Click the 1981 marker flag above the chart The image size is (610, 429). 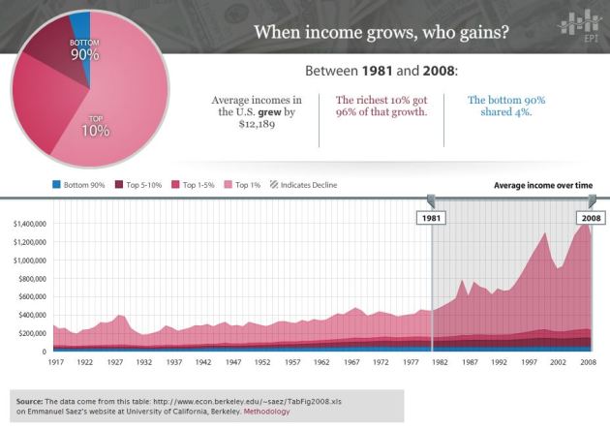point(432,218)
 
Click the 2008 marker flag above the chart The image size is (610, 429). point(591,218)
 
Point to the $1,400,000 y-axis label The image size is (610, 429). point(30,224)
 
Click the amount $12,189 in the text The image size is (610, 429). point(257,126)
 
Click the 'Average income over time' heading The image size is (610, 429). point(549,184)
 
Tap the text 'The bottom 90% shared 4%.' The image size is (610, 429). point(506,106)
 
